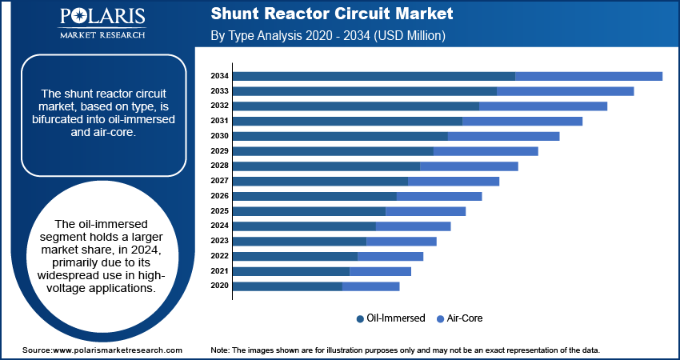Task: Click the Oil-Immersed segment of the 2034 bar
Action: click(x=374, y=76)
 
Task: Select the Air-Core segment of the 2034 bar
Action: click(x=589, y=76)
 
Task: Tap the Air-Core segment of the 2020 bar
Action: click(x=370, y=286)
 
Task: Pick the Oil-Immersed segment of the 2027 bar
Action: click(x=321, y=182)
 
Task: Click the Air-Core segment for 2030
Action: click(x=503, y=136)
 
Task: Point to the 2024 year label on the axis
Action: click(x=219, y=226)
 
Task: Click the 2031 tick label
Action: click(x=219, y=121)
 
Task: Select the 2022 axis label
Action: click(x=219, y=256)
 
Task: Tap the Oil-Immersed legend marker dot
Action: click(x=360, y=319)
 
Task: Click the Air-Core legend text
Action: click(x=466, y=318)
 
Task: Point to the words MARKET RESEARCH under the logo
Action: click(x=102, y=34)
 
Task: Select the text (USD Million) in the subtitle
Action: click(x=410, y=35)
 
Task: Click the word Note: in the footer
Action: click(x=220, y=350)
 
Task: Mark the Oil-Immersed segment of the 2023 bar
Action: click(x=300, y=241)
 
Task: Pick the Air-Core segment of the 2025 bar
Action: click(x=426, y=211)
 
